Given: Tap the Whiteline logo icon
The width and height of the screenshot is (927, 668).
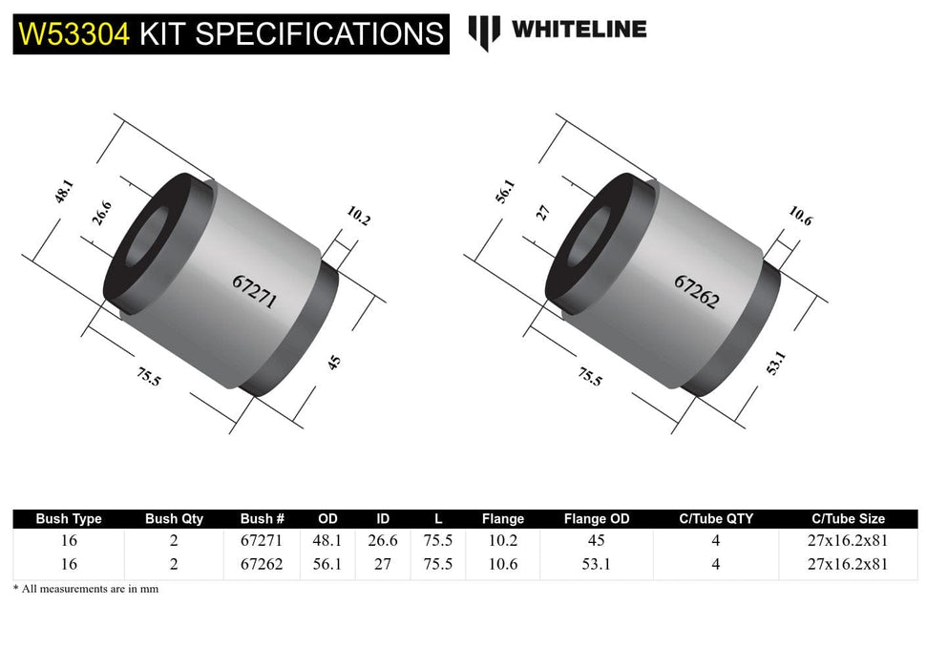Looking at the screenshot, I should coord(484,31).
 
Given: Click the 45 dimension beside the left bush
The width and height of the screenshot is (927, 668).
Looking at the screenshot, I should coord(334,362).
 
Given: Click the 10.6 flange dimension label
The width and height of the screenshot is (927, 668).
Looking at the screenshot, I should coord(800,218).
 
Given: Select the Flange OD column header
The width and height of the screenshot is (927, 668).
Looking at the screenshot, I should coord(597,519).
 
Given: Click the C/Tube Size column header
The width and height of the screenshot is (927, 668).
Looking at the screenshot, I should coord(848,519).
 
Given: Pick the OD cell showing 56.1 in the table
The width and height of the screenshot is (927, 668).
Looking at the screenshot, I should coord(327,563).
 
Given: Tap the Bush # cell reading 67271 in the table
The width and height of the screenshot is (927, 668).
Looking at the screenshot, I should coord(262,540).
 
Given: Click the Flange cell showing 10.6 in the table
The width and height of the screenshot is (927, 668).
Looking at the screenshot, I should coord(502,563).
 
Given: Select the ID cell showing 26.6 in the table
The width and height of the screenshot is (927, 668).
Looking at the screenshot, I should coord(383,540).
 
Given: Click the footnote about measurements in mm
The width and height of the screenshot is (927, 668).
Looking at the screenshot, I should coord(86,589).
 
